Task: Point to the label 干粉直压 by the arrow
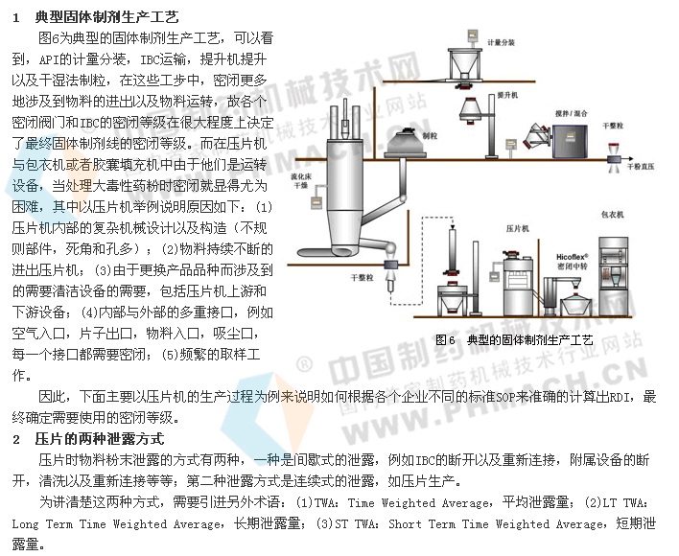pyautogui.click(x=644, y=166)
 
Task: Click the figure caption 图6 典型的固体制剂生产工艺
pyautogui.click(x=514, y=339)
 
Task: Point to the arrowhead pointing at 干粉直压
pyautogui.click(x=615, y=166)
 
